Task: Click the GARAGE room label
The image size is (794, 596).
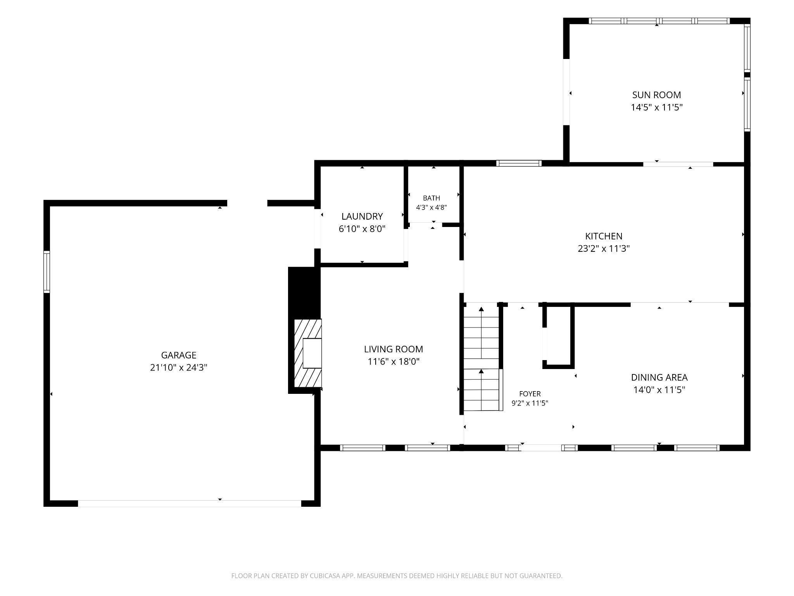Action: pos(179,355)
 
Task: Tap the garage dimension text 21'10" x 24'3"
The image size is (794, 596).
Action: pos(179,367)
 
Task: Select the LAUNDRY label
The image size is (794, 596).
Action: pos(362,216)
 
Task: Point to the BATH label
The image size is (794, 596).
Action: pos(432,198)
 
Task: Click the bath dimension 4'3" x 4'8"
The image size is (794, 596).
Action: pos(432,208)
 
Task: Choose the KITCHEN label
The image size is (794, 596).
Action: pos(604,236)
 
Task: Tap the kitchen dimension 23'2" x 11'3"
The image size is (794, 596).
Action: pos(604,248)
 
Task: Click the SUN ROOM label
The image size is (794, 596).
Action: pos(656,95)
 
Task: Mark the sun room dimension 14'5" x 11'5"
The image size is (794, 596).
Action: pos(656,107)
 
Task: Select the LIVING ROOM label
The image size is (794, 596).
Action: pos(394,349)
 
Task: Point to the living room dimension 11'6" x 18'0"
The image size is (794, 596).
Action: pos(394,362)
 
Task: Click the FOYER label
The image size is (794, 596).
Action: pos(530,394)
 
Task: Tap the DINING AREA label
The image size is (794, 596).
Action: pos(659,377)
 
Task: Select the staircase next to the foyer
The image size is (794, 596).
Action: pos(482,358)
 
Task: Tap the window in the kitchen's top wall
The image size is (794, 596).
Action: pos(519,163)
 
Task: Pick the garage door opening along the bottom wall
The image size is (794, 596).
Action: pos(190,504)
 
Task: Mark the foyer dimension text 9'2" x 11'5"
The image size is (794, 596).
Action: pos(530,403)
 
